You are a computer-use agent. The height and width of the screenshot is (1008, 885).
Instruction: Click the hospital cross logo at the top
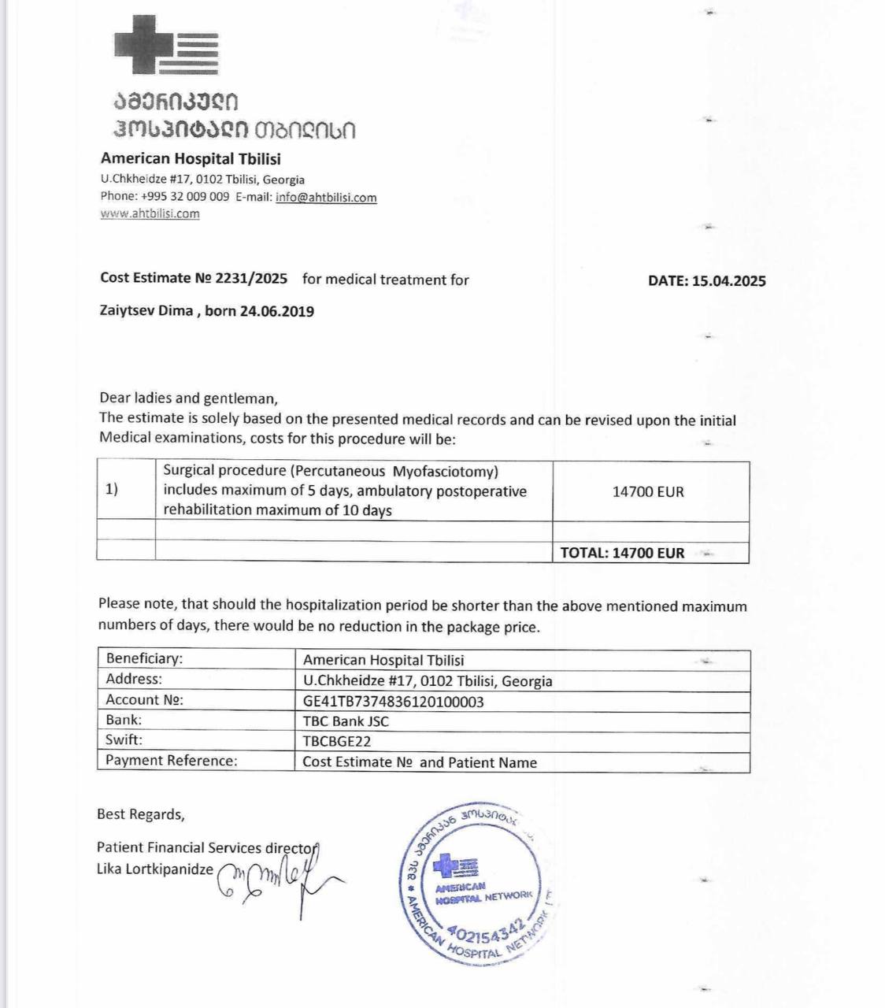point(166,45)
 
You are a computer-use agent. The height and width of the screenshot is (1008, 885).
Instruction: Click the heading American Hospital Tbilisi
point(191,158)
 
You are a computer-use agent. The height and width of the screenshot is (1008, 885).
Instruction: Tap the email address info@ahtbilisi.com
point(326,197)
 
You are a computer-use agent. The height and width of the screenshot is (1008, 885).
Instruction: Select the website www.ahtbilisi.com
point(150,213)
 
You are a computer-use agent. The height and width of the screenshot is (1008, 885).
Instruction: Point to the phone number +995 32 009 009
point(185,196)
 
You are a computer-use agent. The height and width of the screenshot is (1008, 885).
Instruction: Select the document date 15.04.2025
point(729,281)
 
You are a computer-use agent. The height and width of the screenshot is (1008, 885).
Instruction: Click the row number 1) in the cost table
point(112,489)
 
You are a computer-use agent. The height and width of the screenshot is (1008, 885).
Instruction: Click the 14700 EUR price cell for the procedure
point(648,491)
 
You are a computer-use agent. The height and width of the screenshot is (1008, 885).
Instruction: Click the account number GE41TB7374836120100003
point(393,701)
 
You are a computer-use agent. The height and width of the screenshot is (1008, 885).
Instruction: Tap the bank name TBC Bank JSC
point(346,721)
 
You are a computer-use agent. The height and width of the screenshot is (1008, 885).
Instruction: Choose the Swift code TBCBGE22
point(336,741)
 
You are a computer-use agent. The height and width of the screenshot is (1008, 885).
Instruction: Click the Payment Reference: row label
point(171,761)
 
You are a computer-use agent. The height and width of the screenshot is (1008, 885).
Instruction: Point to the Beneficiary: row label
point(144,658)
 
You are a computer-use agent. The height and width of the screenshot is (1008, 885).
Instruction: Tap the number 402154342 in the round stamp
point(488,932)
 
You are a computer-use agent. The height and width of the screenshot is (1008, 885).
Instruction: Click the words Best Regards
point(140,814)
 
